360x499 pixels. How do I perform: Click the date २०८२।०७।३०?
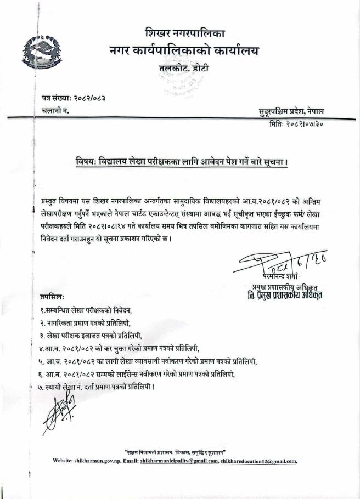pos(319,124)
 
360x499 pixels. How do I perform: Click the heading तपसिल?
pos(53,297)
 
